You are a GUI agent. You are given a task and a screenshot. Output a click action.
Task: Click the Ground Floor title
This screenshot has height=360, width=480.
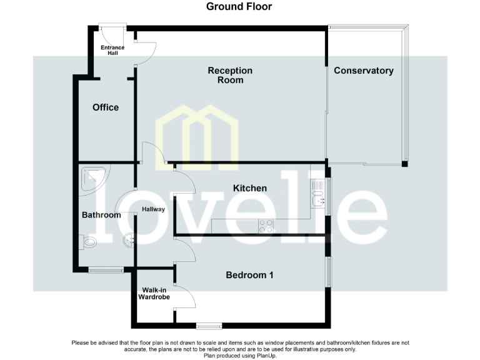pyautogui.click(x=239, y=7)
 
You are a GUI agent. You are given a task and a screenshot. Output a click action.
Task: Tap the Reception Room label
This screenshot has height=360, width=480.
pyautogui.click(x=230, y=75)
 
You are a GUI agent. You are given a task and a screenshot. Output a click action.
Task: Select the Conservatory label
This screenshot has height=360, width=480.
pyautogui.click(x=364, y=71)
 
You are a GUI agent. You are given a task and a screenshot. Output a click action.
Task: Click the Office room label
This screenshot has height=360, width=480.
pyautogui.click(x=106, y=107)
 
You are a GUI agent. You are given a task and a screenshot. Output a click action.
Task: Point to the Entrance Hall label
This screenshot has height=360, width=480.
pyautogui.click(x=113, y=50)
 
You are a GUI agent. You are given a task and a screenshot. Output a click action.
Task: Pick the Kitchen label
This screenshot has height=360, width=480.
pyautogui.click(x=250, y=188)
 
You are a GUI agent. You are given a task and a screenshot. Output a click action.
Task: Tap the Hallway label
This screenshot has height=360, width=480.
pyautogui.click(x=153, y=209)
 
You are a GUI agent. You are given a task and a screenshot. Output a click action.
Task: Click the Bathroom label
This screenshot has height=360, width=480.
pyautogui.click(x=101, y=215)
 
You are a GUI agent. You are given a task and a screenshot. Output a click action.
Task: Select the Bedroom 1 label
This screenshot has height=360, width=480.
pyautogui.click(x=249, y=275)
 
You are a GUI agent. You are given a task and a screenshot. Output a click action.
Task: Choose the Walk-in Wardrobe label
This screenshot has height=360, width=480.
pyautogui.click(x=154, y=294)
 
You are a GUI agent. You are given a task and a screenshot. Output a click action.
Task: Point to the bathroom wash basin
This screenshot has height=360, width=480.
pyautogui.click(x=129, y=238)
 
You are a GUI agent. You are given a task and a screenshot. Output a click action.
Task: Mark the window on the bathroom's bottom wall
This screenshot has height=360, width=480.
pyautogui.click(x=106, y=270)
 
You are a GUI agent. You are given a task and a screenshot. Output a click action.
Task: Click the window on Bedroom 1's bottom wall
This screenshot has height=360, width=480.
pyautogui.click(x=209, y=326)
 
